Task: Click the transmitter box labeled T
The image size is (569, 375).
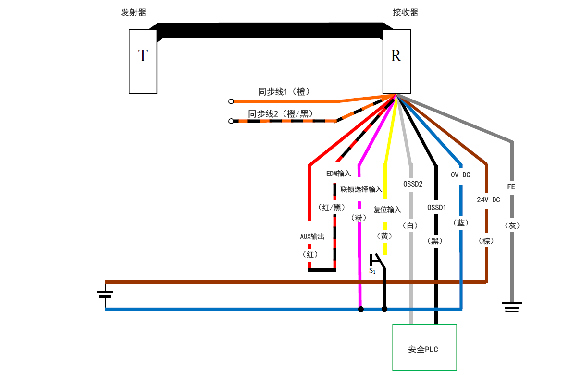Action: pos(143,61)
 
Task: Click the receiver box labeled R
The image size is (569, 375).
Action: pos(396,61)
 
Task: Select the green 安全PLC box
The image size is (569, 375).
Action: pos(424,347)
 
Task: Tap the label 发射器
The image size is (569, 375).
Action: pos(134,13)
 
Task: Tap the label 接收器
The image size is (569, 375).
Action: pos(405,13)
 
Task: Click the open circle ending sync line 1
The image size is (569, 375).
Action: pos(231,101)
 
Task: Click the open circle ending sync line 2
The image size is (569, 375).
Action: pos(231,121)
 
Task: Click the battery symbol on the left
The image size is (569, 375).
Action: pos(105,294)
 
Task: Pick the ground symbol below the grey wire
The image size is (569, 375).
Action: pos(512,307)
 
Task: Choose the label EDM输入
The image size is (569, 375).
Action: pos(338,174)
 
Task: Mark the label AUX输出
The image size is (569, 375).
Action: pos(312,237)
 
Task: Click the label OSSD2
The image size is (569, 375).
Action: pos(413,184)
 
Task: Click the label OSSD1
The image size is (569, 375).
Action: pos(436,208)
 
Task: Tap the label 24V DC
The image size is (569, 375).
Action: pos(488,200)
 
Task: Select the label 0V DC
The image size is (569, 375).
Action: pos(460,175)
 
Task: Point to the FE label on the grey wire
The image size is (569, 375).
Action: pos(511,187)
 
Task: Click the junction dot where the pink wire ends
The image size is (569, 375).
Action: pos(360,309)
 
